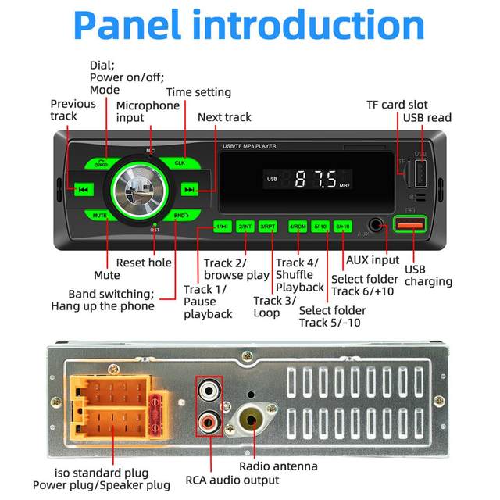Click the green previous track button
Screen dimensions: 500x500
click(83, 190)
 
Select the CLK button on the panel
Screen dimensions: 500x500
click(180, 162)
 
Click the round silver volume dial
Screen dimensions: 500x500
click(136, 189)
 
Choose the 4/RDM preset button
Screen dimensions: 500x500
click(298, 227)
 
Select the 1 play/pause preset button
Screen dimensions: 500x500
click(223, 227)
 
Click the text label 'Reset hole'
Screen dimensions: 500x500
click(144, 263)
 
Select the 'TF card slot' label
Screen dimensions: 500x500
click(398, 105)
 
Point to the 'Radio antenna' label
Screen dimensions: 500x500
click(278, 466)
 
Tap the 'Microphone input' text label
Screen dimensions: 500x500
click(148, 111)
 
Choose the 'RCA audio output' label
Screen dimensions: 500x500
click(232, 480)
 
